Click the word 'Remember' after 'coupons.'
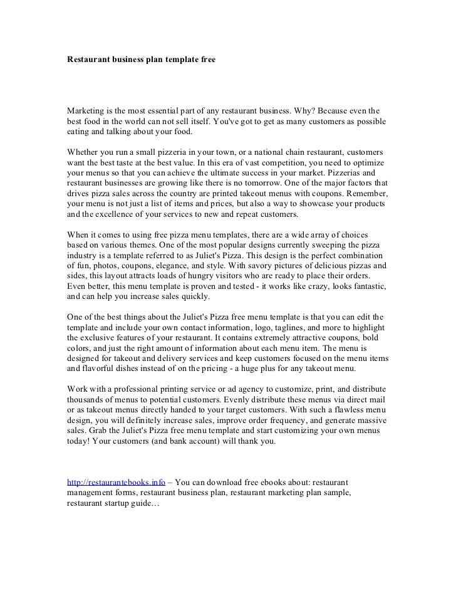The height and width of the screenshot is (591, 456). (365, 194)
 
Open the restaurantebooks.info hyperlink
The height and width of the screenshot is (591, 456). (116, 483)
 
